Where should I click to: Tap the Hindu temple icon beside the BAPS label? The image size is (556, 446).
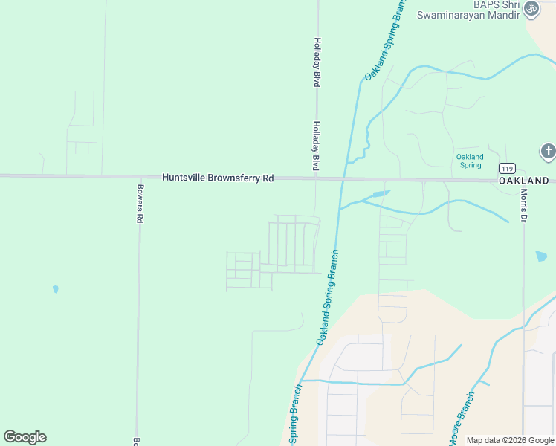(x=531, y=8)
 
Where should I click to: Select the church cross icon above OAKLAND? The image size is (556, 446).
(x=548, y=152)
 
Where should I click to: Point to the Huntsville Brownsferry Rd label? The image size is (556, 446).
(x=218, y=178)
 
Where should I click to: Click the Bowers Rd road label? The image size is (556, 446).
(x=139, y=204)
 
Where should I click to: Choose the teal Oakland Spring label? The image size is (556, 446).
(x=469, y=161)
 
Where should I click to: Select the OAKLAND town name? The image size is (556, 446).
(x=523, y=181)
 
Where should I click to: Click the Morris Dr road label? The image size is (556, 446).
(x=523, y=206)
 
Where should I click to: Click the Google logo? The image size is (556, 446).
(x=25, y=437)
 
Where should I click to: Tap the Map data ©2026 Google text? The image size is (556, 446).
(x=509, y=440)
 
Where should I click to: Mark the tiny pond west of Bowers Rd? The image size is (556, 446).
(x=56, y=289)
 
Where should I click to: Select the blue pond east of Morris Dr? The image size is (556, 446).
(x=541, y=256)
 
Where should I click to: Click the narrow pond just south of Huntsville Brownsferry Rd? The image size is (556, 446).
(x=379, y=195)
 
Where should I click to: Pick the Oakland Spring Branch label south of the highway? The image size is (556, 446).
(x=327, y=297)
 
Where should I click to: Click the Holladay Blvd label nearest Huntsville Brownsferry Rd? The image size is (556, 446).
(x=316, y=146)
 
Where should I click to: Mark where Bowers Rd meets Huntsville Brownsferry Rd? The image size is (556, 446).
(x=139, y=177)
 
